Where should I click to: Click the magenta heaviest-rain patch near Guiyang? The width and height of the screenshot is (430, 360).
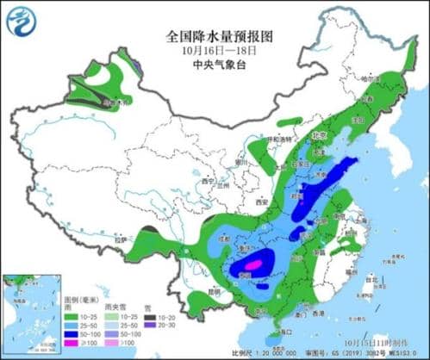255,265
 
